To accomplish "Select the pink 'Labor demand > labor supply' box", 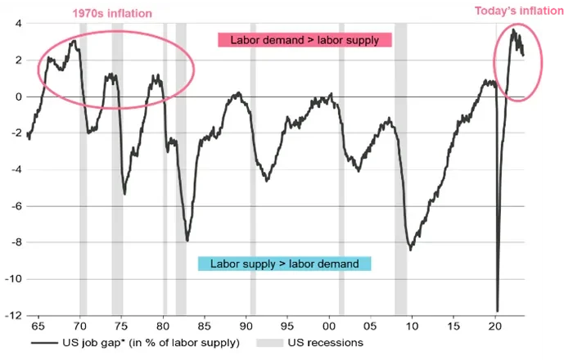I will [305, 40].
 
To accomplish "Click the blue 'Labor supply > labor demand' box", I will [284, 263].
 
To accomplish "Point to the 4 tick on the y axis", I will [16, 24].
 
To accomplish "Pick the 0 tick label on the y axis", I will [16, 97].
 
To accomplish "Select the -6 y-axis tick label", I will [14, 206].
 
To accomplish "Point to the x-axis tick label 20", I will [495, 326].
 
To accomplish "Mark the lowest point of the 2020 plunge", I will [497, 311].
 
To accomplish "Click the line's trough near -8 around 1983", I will [187, 241].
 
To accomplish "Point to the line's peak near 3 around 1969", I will [74, 41].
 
